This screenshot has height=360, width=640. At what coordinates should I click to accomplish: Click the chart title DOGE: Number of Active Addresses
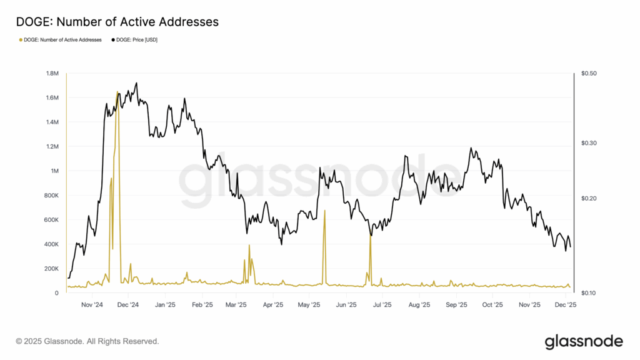[117, 21]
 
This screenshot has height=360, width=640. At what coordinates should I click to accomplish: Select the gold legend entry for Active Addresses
[61, 39]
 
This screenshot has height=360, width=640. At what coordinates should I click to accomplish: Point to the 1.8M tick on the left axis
[52, 74]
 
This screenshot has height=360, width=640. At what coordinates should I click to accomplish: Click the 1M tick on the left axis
[55, 171]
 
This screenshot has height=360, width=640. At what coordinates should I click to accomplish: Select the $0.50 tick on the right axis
[589, 74]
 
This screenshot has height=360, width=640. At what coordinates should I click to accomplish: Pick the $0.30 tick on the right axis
[589, 143]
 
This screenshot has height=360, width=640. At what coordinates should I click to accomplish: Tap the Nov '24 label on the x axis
[92, 306]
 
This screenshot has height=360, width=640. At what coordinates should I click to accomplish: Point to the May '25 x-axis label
[309, 306]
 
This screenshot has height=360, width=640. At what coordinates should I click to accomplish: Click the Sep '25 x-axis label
[457, 306]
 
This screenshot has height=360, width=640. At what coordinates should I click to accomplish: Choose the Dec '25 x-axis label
[566, 306]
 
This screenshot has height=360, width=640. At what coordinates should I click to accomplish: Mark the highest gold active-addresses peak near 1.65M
[117, 91]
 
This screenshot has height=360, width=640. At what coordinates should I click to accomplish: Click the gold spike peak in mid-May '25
[324, 211]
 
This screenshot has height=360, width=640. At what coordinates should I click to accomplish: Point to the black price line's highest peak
[136, 82]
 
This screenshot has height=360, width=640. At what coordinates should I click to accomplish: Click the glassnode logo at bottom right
[584, 341]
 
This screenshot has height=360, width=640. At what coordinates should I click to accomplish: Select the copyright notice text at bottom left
[87, 341]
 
